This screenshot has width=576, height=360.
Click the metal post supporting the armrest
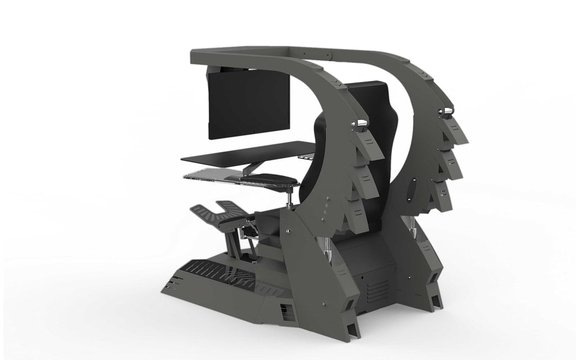coord(290,197)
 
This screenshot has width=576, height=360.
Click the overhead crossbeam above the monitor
coord(264,53)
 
